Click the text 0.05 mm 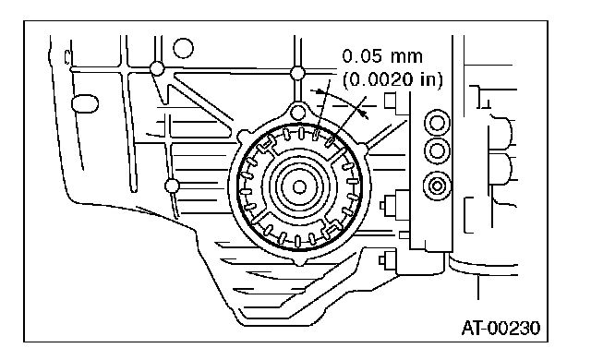click(382, 56)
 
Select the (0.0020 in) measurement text click(392, 79)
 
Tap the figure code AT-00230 click(501, 328)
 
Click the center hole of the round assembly click(299, 186)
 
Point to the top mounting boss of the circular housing click(298, 112)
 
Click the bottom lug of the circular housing click(299, 261)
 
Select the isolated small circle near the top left click(183, 48)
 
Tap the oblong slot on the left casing click(84, 103)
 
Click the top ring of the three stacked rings click(437, 123)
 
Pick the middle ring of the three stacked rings click(437, 151)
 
